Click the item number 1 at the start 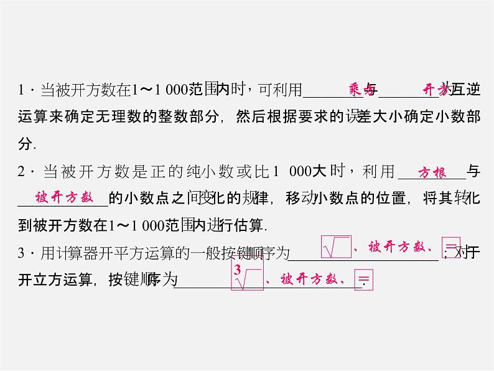click(21, 91)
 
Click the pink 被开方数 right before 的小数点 click(64, 198)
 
